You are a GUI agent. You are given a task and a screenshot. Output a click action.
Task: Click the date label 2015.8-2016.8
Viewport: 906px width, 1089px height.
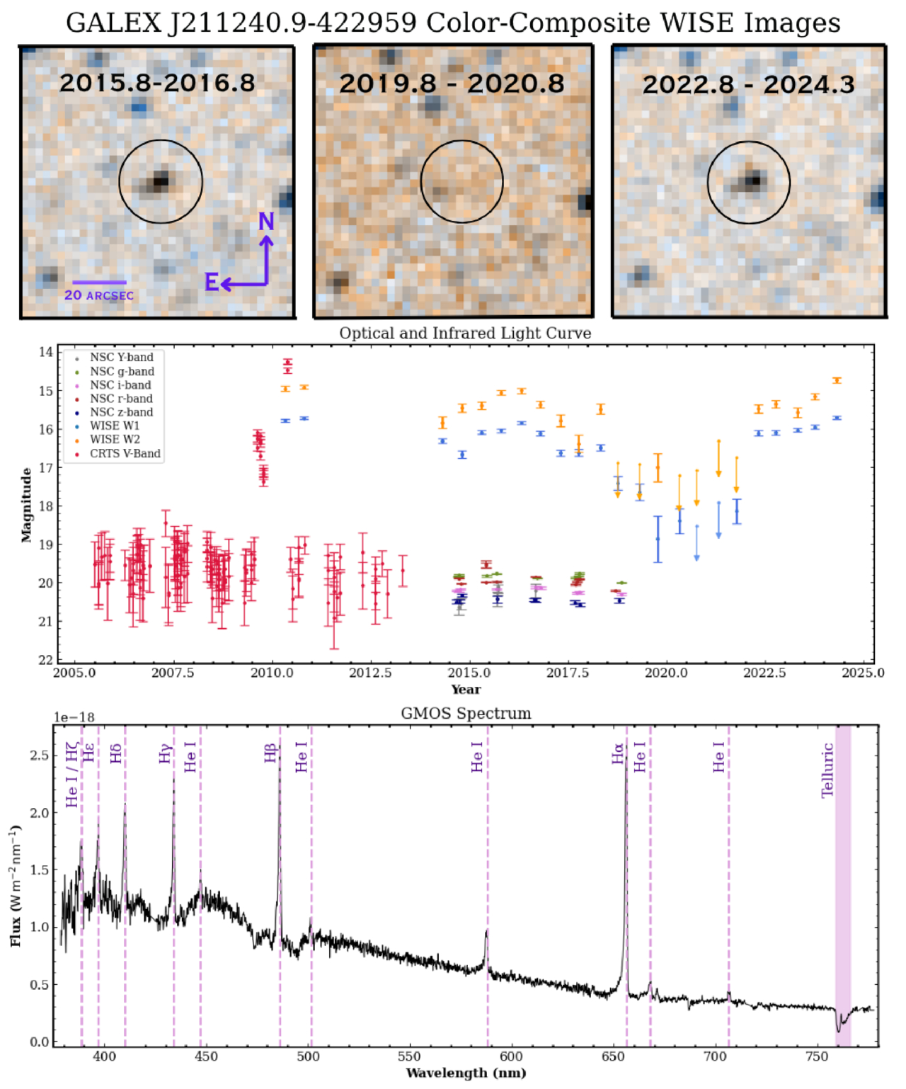tap(157, 83)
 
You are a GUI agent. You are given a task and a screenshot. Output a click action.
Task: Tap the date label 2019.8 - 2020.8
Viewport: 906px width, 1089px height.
tap(452, 84)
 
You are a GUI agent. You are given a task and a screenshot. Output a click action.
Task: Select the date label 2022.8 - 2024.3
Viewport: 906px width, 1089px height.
tap(748, 85)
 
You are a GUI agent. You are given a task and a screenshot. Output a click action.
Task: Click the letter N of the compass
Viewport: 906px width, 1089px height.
tap(266, 222)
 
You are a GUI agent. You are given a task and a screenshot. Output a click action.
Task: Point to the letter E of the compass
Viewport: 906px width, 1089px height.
tap(212, 283)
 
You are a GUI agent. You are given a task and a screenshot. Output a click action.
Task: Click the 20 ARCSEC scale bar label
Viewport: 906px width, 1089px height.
tap(99, 295)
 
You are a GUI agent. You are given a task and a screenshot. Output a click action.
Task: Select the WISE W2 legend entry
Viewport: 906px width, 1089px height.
tap(115, 440)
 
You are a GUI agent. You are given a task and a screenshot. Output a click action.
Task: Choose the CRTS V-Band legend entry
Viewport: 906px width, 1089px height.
tap(125, 453)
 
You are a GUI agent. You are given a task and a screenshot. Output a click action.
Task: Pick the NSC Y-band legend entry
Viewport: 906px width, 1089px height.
tap(121, 358)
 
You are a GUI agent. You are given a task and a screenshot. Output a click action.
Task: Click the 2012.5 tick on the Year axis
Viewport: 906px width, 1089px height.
tap(370, 673)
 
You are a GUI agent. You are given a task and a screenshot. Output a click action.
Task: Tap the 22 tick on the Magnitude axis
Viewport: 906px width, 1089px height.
tap(46, 660)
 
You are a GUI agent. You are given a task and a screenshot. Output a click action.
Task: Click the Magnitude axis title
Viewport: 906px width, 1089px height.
tap(26, 505)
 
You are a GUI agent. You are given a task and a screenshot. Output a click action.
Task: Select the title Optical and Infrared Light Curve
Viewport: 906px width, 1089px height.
tap(465, 333)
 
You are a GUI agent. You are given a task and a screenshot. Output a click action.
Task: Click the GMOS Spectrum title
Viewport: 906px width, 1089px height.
tap(466, 714)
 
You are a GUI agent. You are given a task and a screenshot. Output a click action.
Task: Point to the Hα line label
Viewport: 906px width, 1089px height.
tap(618, 753)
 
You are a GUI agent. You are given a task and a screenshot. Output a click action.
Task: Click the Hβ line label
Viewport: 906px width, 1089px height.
tap(270, 753)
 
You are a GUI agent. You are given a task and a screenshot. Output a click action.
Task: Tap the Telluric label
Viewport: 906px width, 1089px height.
tap(827, 770)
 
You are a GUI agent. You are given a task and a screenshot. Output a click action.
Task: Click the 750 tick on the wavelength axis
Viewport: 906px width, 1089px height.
tap(817, 1056)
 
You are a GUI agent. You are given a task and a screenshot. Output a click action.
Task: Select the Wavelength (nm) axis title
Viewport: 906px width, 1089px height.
tap(466, 1073)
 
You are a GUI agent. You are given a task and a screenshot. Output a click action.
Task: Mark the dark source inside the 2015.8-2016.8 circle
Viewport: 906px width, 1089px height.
tap(160, 182)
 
